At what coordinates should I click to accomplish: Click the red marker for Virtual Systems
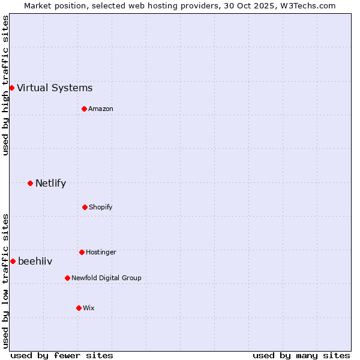click(x=11, y=88)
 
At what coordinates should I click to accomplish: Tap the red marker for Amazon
click(x=84, y=109)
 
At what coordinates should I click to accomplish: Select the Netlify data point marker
click(x=30, y=183)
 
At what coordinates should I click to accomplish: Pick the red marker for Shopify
click(x=85, y=207)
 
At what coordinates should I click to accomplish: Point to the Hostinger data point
click(x=82, y=252)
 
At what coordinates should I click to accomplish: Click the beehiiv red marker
click(x=13, y=261)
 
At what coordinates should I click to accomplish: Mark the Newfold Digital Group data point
click(x=67, y=278)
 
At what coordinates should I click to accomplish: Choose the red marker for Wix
click(x=79, y=308)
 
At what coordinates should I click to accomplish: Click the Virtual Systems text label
click(x=55, y=88)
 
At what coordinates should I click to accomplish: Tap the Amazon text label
click(x=101, y=109)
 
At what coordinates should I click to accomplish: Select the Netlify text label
click(x=50, y=184)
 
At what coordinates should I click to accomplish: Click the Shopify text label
click(x=101, y=208)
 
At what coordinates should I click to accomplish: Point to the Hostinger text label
click(x=101, y=253)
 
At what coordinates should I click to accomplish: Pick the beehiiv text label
click(x=35, y=262)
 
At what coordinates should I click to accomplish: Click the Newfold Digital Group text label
click(x=106, y=278)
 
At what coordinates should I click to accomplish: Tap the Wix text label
click(x=89, y=308)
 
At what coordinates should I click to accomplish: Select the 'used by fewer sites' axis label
click(x=62, y=355)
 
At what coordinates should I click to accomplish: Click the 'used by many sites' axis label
click(x=301, y=355)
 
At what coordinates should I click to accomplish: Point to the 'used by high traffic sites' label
click(x=5, y=85)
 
